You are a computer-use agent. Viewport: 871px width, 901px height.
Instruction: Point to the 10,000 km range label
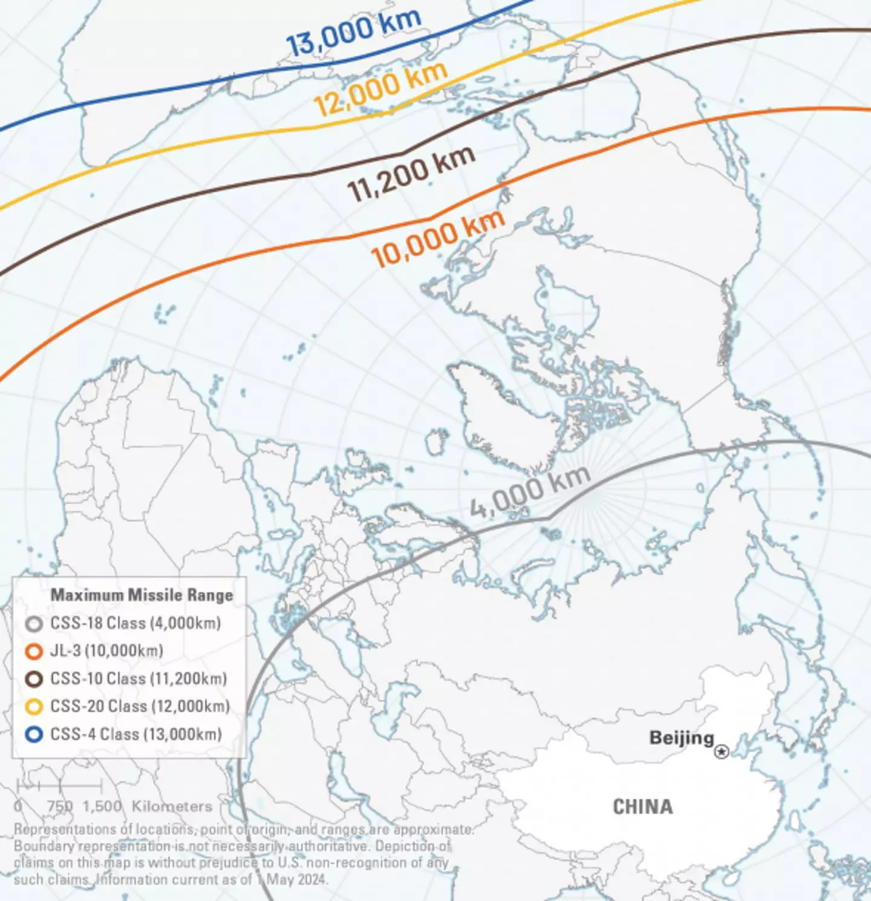pyautogui.click(x=437, y=239)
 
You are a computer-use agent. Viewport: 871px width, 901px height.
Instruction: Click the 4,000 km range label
pyautogui.click(x=529, y=492)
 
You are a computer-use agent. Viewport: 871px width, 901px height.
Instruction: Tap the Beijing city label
pyautogui.click(x=681, y=738)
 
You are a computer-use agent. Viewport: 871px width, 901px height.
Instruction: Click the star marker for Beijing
pyautogui.click(x=721, y=752)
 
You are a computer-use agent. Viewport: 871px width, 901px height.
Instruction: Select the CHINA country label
pyautogui.click(x=642, y=807)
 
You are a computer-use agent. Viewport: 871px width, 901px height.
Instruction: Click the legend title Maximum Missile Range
pyautogui.click(x=142, y=595)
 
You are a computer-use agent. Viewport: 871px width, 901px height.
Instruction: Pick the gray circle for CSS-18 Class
pyautogui.click(x=34, y=623)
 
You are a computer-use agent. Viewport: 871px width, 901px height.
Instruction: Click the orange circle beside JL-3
pyautogui.click(x=34, y=651)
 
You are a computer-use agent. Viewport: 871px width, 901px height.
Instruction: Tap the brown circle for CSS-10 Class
pyautogui.click(x=34, y=679)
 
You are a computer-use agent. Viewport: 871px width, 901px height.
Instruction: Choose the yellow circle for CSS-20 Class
pyautogui.click(x=34, y=706)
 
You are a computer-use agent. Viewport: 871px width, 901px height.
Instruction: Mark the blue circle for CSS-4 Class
pyautogui.click(x=34, y=734)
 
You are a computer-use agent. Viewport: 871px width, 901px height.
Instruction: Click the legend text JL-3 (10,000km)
pyautogui.click(x=106, y=651)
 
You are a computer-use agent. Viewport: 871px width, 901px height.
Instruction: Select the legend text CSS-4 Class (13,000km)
pyautogui.click(x=136, y=734)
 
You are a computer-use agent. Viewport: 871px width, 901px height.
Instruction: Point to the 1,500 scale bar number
pyautogui.click(x=102, y=807)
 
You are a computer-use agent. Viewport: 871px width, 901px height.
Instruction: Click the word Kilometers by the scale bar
pyautogui.click(x=172, y=807)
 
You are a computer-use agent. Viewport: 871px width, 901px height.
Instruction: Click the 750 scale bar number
pyautogui.click(x=60, y=807)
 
